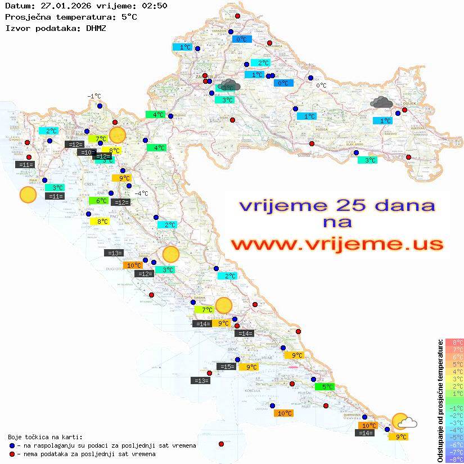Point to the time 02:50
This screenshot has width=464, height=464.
[x=153, y=6]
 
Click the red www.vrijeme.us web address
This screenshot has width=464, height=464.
[x=337, y=244]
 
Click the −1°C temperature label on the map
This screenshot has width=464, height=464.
[x=93, y=96]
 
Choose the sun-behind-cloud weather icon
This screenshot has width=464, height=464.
[x=404, y=422]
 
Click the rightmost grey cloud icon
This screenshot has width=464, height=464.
[x=382, y=102]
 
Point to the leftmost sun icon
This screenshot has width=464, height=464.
[x=28, y=195]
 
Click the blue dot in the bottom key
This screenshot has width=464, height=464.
[x=12, y=445]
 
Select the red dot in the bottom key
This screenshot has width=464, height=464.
[x=12, y=454]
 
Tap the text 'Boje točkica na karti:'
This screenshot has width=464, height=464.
[x=45, y=437]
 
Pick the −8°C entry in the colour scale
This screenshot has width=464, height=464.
[x=454, y=459]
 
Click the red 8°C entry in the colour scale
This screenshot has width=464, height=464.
[x=454, y=342]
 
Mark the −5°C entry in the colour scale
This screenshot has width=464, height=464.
[x=454, y=437]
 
